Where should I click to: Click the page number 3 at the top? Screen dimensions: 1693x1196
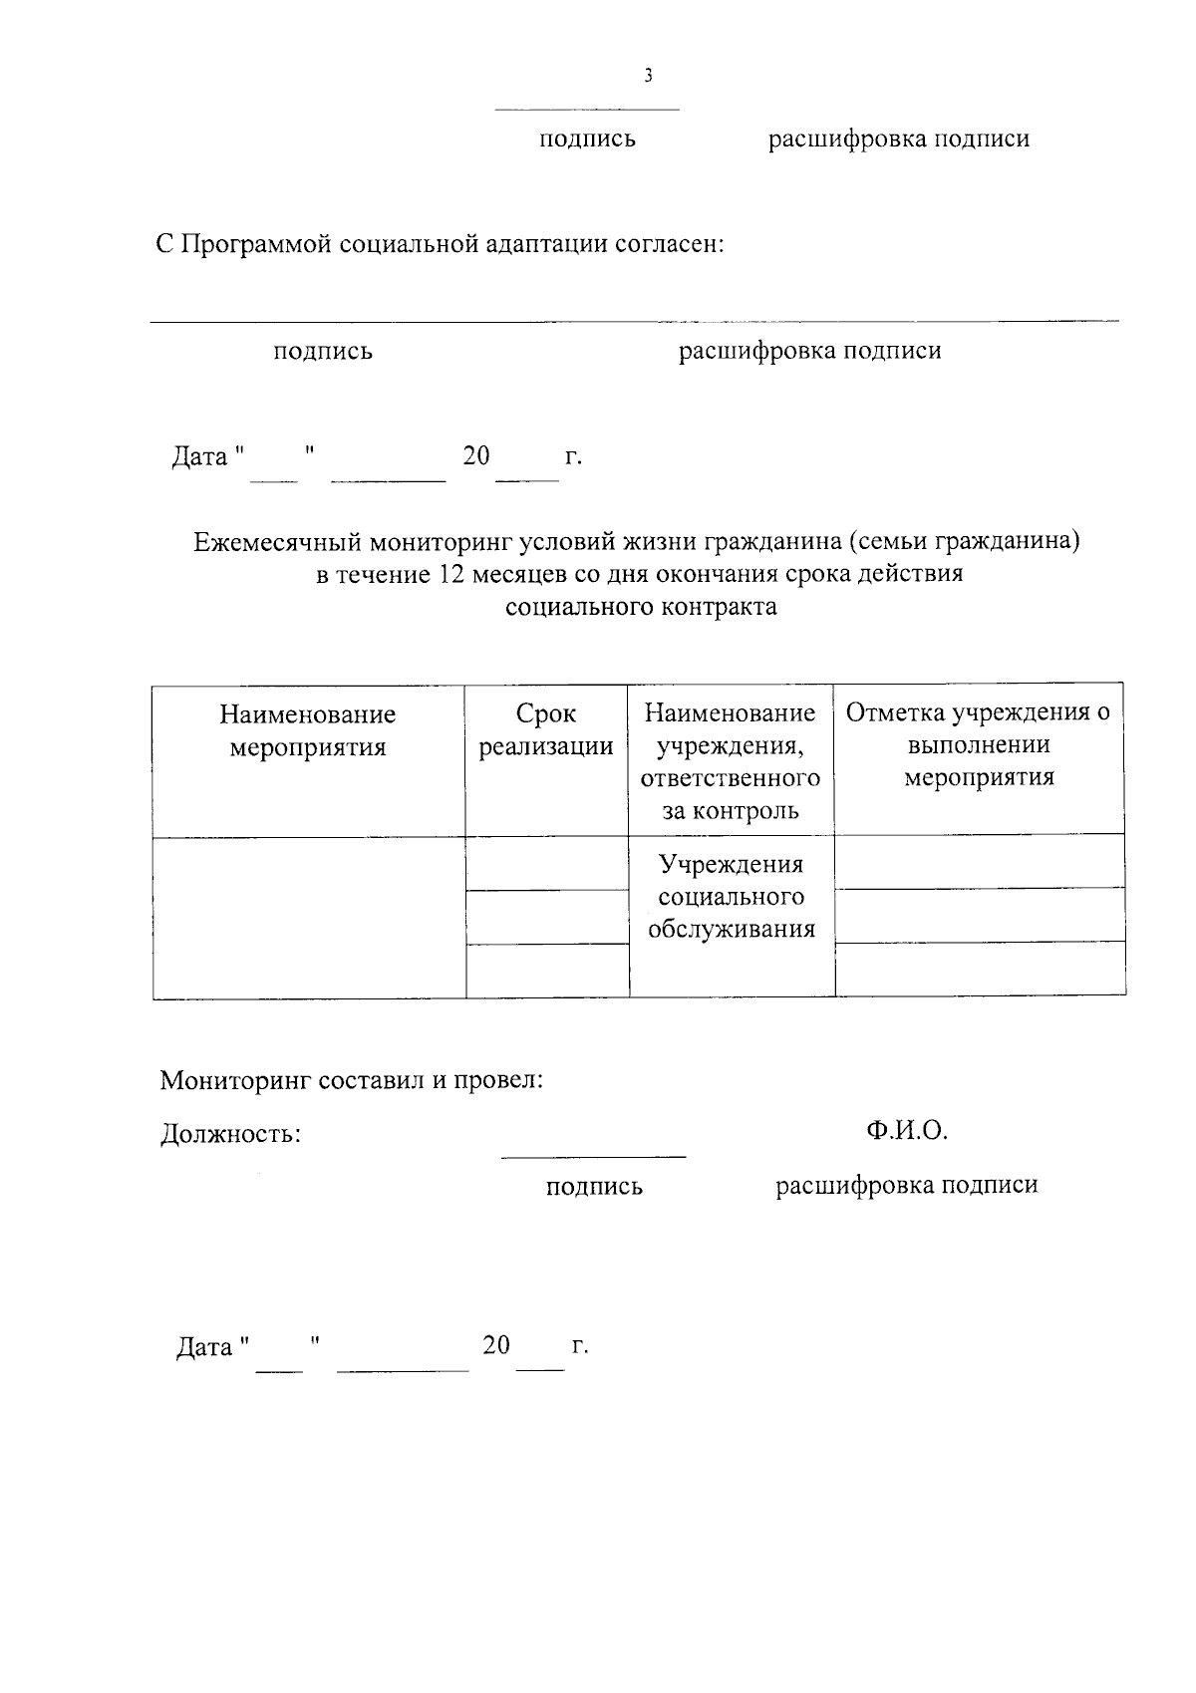(x=649, y=76)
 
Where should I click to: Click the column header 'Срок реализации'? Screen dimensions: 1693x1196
(x=545, y=730)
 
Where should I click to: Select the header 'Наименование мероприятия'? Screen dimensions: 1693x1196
(x=308, y=730)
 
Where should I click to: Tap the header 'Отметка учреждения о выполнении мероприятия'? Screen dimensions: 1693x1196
(x=978, y=744)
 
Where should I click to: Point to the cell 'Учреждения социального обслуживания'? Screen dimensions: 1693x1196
(x=732, y=897)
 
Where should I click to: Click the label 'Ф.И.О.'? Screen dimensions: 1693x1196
(x=906, y=1130)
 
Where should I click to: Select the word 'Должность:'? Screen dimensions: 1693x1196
(x=230, y=1134)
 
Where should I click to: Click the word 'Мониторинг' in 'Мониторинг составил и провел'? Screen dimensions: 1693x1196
(x=235, y=1080)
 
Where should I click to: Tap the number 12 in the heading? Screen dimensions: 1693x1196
(x=451, y=575)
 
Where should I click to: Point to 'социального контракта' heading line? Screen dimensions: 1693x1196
(x=641, y=607)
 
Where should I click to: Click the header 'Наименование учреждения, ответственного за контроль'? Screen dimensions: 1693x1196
(x=731, y=761)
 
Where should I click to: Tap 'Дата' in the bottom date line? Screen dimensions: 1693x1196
(x=204, y=1347)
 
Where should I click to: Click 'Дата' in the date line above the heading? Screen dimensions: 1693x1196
(x=199, y=457)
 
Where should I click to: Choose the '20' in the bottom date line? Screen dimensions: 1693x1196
(x=495, y=1345)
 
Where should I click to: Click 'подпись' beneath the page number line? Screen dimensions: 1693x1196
(x=587, y=140)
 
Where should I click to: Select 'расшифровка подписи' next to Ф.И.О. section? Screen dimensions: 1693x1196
(x=906, y=1185)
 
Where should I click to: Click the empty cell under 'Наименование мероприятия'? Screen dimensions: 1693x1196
(x=309, y=917)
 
